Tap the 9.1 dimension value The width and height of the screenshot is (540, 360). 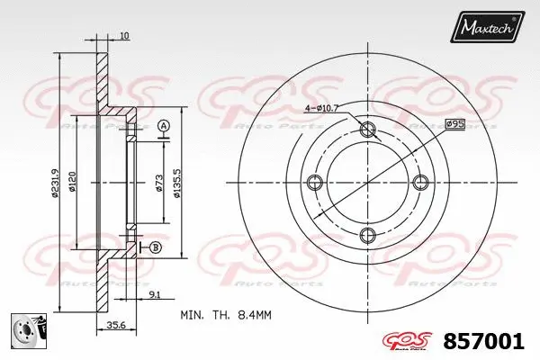(154, 293)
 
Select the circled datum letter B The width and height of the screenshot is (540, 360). (157, 247)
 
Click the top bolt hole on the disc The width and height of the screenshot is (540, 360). (367, 130)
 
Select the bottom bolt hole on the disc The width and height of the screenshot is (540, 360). (367, 235)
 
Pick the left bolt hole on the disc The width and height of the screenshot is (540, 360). (314, 183)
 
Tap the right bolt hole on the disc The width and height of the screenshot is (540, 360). (419, 183)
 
